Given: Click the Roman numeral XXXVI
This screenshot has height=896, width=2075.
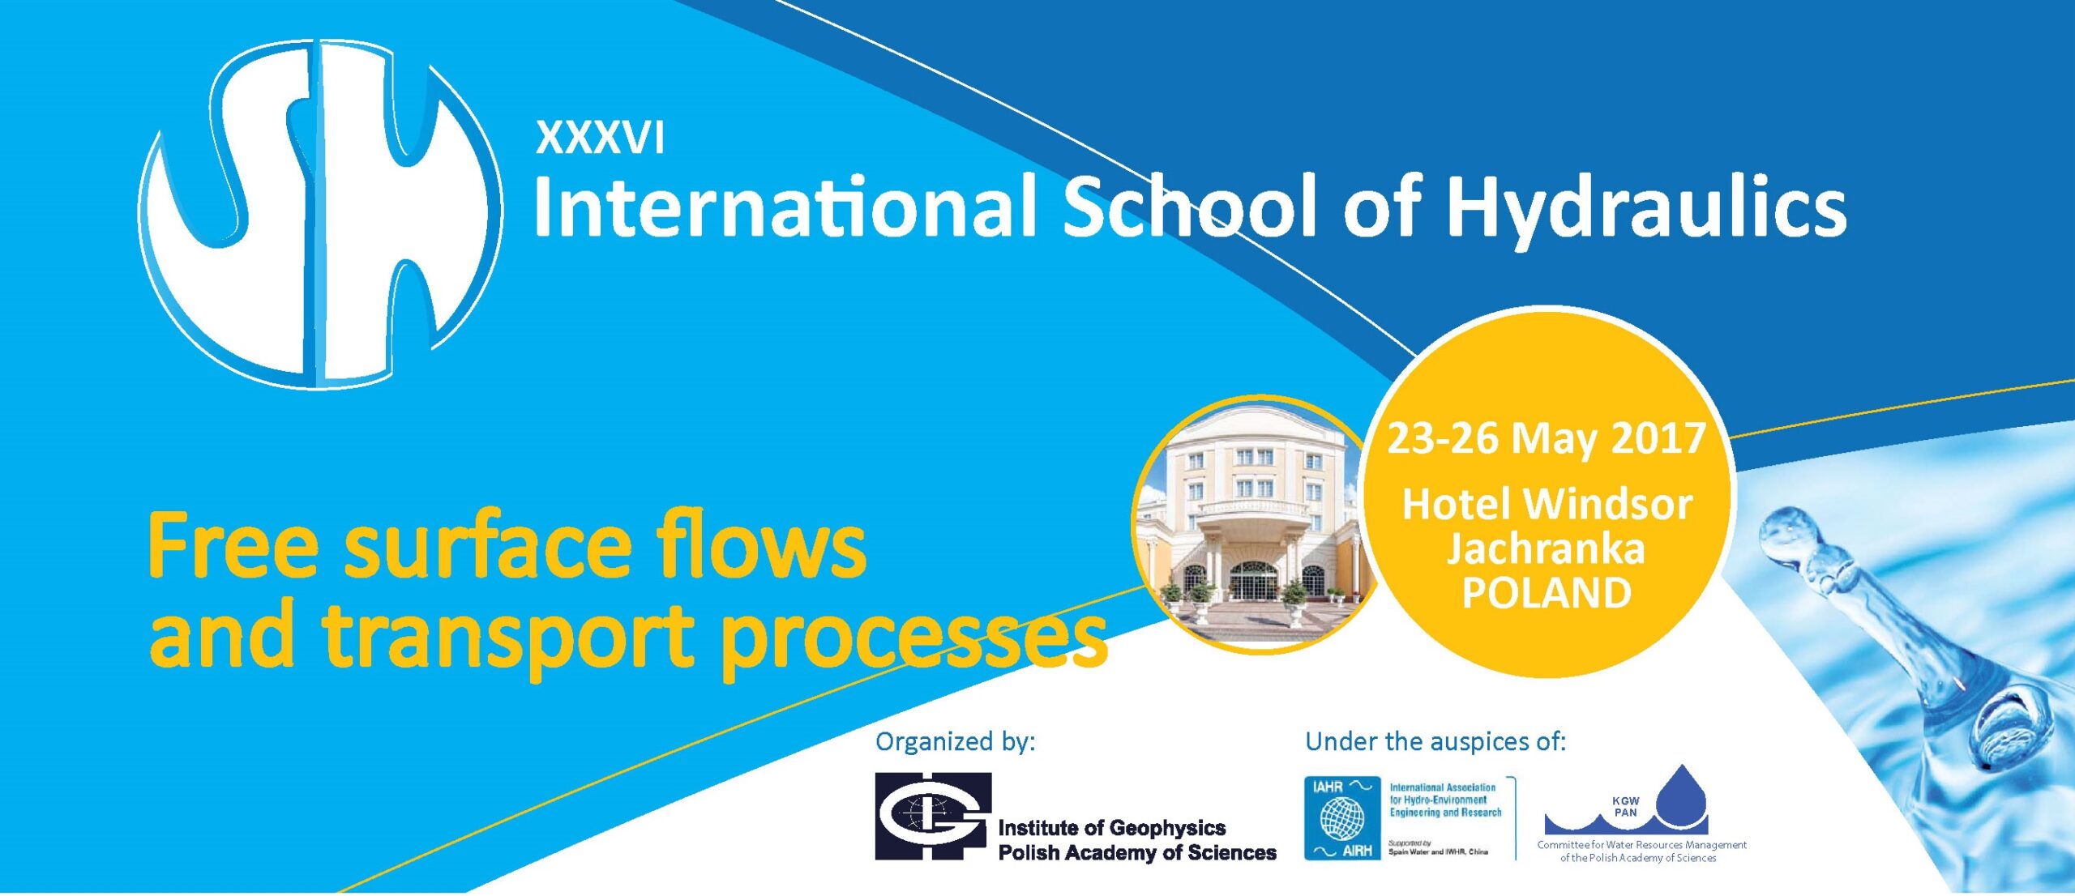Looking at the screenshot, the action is click(600, 138).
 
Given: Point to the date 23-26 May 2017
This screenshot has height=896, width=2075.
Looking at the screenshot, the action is click(1547, 438).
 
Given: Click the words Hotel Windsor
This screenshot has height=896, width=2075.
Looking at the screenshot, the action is click(1547, 504).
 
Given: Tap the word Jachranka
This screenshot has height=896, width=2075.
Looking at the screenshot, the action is click(1547, 548).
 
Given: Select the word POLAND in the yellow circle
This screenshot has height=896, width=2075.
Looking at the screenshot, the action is click(1547, 593).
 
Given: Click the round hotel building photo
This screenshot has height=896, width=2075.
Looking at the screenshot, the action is click(1256, 524).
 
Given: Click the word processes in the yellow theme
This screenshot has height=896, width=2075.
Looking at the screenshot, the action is click(913, 638).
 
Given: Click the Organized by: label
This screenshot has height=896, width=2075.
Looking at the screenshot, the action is click(955, 742).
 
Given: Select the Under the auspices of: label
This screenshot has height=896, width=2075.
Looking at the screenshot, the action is click(1435, 741).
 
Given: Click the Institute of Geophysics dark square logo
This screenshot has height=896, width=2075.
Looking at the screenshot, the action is click(933, 816).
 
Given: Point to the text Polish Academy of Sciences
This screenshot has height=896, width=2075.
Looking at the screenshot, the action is click(1137, 852).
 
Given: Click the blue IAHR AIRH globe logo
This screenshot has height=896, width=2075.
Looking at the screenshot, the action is click(1341, 817).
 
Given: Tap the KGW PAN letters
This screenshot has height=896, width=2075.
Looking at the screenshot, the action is click(1626, 806).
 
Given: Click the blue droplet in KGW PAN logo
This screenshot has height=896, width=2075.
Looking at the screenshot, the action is click(1681, 796).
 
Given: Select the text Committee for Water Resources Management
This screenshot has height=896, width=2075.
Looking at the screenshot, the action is click(1641, 845).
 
